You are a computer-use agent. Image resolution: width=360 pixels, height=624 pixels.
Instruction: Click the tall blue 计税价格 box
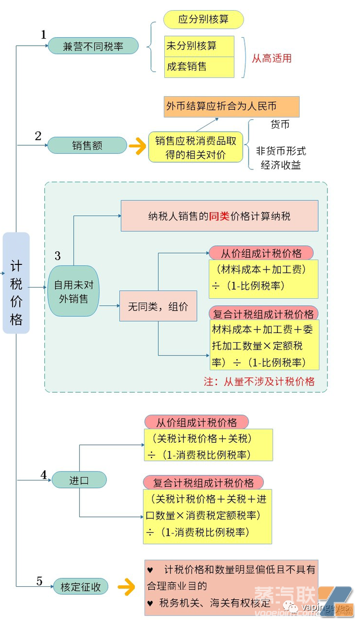pyautogui.click(x=16, y=283)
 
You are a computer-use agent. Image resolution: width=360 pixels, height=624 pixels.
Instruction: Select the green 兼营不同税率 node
pyautogui.click(x=93, y=46)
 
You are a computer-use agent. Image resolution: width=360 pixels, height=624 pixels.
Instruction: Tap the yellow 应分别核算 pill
pyautogui.click(x=203, y=20)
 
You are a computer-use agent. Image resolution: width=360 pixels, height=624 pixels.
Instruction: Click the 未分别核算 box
pyautogui.click(x=199, y=46)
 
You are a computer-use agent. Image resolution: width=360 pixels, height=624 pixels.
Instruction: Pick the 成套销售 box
pyautogui.click(x=199, y=67)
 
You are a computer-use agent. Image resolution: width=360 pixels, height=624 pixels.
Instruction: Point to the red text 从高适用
pyautogui.click(x=272, y=58)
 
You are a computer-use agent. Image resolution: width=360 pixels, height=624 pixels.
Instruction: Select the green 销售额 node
pyautogui.click(x=87, y=145)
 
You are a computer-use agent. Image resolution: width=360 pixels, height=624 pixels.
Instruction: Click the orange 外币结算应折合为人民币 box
pyautogui.click(x=231, y=106)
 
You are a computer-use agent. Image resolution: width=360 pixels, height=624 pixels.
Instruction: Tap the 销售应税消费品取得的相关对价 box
pyautogui.click(x=195, y=147)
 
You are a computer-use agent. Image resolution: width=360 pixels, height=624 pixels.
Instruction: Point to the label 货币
pyautogui.click(x=280, y=124)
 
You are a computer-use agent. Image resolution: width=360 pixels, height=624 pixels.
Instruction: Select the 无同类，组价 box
pyautogui.click(x=158, y=307)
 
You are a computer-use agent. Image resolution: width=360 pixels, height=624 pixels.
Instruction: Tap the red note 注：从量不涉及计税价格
pyautogui.click(x=259, y=381)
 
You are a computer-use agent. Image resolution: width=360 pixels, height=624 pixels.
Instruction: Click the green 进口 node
pyautogui.click(x=79, y=480)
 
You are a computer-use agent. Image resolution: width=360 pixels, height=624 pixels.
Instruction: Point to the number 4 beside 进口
pyautogui.click(x=43, y=475)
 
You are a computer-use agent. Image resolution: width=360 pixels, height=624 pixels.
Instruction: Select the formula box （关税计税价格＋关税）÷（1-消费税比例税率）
pyautogui.click(x=208, y=445)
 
